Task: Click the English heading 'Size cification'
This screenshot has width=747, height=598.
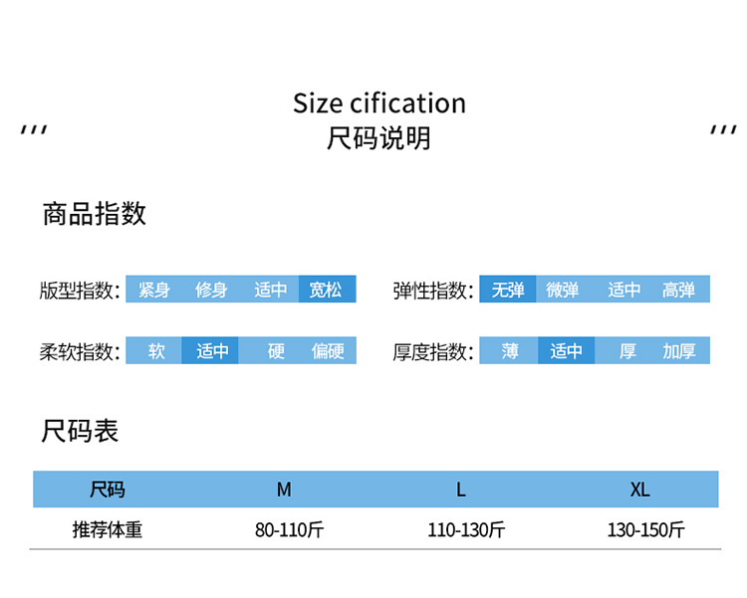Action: tap(378, 103)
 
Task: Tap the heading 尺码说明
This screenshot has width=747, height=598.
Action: tap(378, 138)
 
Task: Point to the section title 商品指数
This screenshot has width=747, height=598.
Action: tap(94, 213)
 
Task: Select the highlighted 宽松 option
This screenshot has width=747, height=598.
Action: tap(326, 290)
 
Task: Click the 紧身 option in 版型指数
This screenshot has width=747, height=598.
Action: tap(154, 290)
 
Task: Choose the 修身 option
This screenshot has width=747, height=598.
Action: tap(211, 290)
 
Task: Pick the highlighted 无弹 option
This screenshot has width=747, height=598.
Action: tap(508, 290)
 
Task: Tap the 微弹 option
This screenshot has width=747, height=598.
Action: tap(563, 290)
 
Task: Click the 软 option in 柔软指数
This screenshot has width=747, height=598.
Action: tap(156, 351)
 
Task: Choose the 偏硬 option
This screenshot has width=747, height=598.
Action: tap(328, 351)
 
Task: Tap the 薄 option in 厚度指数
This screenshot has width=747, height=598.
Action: tap(510, 351)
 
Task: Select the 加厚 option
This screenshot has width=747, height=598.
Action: tap(679, 351)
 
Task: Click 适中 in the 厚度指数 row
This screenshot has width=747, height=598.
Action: tap(566, 351)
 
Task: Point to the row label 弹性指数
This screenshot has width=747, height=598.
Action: tap(432, 291)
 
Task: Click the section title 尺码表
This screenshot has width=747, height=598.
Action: tap(80, 431)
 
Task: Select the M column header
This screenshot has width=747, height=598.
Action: tap(284, 490)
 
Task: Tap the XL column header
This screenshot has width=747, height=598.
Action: tap(639, 490)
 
